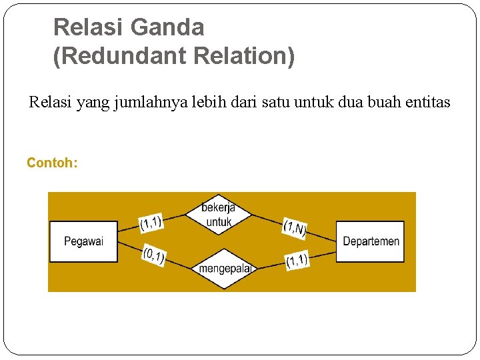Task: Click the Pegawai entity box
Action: tap(83, 241)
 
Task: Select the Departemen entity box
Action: tap(371, 241)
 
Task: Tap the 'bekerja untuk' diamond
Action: tap(218, 215)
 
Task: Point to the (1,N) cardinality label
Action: tap(294, 228)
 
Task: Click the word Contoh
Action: tap(52, 163)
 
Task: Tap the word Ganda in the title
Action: tap(167, 28)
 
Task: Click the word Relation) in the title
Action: tap(243, 57)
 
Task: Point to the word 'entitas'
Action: tap(427, 103)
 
